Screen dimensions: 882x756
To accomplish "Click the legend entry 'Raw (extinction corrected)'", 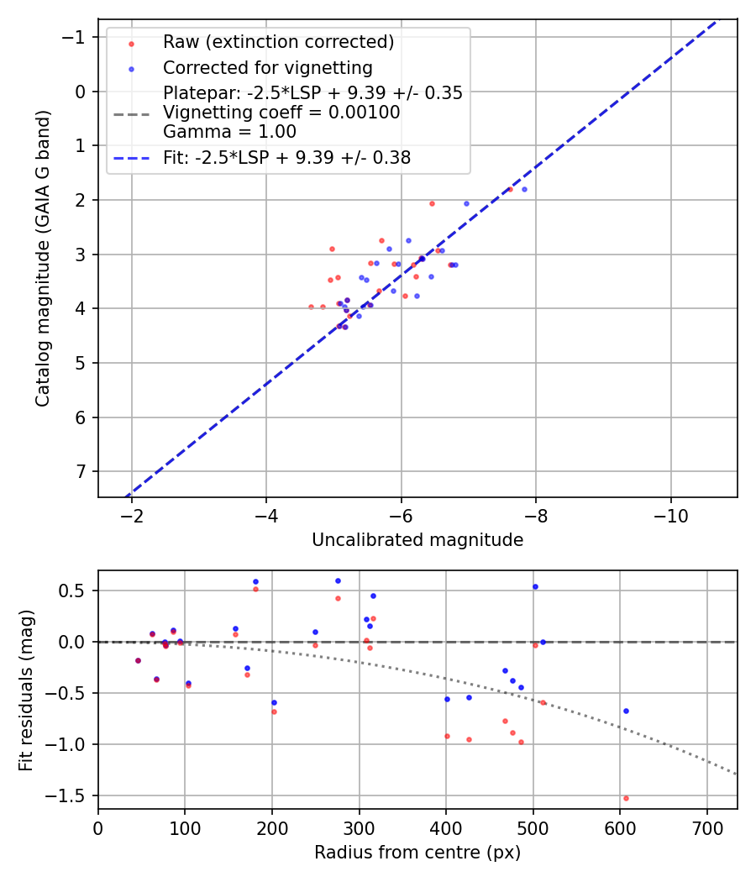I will [x=278, y=42].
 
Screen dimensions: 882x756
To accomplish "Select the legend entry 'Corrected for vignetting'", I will [x=267, y=67].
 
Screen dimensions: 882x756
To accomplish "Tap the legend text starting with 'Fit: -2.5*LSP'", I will [x=286, y=157].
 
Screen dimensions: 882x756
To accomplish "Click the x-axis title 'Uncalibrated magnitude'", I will [x=417, y=540].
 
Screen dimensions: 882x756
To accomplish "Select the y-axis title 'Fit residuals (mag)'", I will [x=26, y=689].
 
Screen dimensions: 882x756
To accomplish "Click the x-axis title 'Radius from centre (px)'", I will [x=417, y=853].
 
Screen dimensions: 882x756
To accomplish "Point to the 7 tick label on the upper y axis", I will [x=81, y=471].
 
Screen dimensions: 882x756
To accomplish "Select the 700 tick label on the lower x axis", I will [x=707, y=827].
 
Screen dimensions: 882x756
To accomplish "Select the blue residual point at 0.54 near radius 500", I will [x=535, y=587].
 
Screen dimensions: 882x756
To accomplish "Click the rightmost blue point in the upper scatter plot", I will [x=524, y=190].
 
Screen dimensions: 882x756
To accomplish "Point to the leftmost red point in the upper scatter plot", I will [x=311, y=307].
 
